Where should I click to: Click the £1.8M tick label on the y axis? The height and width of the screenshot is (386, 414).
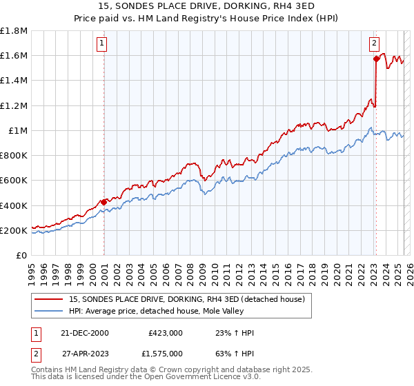[x=14, y=31]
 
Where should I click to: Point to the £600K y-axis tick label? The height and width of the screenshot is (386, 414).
[x=14, y=181]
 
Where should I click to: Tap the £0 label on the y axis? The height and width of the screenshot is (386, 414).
[x=22, y=255]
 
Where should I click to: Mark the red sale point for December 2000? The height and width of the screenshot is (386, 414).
[x=104, y=202]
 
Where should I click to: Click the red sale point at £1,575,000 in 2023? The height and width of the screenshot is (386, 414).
[x=376, y=59]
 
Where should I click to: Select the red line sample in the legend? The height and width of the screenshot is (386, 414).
[x=49, y=298]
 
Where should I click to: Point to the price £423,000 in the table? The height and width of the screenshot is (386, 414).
[x=165, y=332]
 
